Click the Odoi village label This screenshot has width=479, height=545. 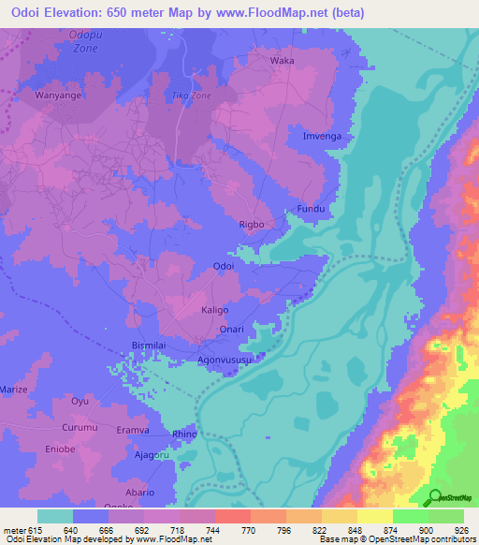[x=224, y=267]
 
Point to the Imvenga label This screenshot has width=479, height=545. [x=320, y=136]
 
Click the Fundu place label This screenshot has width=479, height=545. [x=310, y=208]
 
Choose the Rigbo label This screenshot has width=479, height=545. [x=253, y=225]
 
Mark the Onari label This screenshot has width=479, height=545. [x=231, y=329]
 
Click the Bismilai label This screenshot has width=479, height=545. [x=150, y=346]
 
